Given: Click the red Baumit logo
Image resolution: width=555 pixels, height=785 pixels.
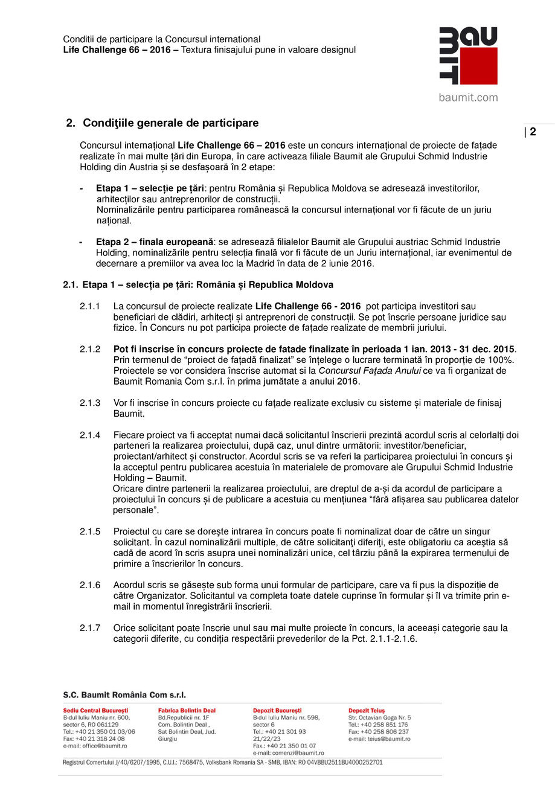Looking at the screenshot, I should [467, 56].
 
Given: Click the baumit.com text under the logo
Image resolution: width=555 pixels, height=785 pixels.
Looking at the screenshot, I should [468, 97].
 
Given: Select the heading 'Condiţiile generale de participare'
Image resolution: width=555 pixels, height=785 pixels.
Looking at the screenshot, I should [170, 123].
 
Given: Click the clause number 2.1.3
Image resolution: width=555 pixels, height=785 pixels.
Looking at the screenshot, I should [90, 403].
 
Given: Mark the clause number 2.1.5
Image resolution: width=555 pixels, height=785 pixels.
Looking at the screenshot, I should [90, 531].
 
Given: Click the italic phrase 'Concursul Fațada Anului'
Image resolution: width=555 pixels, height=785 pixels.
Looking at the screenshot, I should [370, 371].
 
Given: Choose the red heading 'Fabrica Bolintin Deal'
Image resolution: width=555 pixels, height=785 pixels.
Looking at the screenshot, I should [187, 711].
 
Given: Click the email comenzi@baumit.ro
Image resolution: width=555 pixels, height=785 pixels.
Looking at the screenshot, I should [289, 753].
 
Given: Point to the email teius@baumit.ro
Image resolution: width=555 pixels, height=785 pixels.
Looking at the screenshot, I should [379, 739].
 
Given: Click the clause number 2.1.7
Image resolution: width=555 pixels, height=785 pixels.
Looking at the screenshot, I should [90, 628].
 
